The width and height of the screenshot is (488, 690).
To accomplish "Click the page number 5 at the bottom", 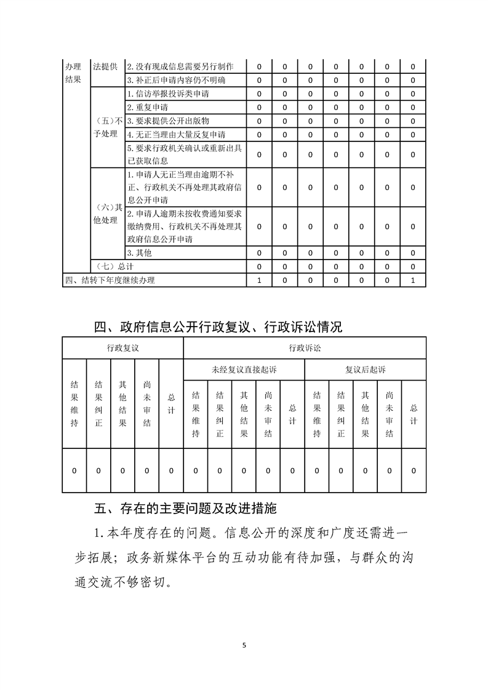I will click(244, 645).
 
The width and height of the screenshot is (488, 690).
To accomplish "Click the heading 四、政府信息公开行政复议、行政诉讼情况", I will click(218, 327).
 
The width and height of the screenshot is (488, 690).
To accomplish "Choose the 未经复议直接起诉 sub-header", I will click(244, 370).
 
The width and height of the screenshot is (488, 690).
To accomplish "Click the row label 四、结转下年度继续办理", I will click(110, 280).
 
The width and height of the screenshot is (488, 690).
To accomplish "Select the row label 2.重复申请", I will click(143, 107).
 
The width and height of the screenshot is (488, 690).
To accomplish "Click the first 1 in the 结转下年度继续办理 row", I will click(259, 280).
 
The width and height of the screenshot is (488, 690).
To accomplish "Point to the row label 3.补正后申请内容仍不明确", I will click(176, 80).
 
